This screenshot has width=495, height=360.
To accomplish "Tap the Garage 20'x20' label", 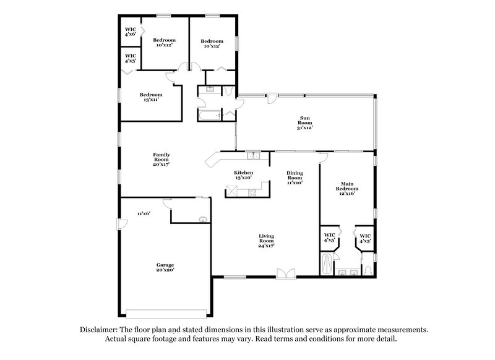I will point(165,267).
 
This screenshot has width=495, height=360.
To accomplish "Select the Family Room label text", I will point(161,159).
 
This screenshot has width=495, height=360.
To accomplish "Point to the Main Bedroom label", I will point(346,188).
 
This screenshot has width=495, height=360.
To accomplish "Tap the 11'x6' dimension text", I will point(144,213).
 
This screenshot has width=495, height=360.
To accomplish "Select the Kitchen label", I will point(243,176).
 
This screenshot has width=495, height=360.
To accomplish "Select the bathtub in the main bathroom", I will point(327,265).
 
